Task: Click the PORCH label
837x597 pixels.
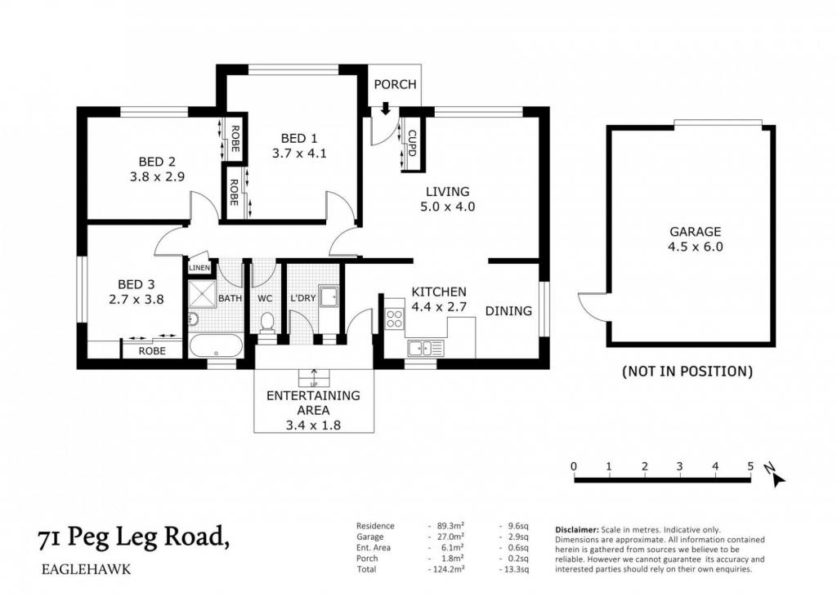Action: tap(395, 84)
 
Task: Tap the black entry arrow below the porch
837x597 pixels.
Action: tap(386, 109)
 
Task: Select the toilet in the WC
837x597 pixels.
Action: tap(266, 323)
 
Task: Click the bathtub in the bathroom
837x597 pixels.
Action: tap(216, 345)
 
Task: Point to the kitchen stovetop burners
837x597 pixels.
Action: tap(395, 319)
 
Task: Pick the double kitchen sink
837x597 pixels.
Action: tap(425, 349)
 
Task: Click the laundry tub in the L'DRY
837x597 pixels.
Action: tap(329, 297)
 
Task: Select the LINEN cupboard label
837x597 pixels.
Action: tap(199, 267)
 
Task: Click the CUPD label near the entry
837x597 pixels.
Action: tap(412, 143)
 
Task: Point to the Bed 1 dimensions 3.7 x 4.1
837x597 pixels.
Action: tap(299, 153)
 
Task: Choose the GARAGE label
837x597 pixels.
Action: tap(695, 232)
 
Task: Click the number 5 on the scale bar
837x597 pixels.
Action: tap(750, 467)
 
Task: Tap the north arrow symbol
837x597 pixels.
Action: tap(776, 476)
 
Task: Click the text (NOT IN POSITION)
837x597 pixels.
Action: tap(687, 372)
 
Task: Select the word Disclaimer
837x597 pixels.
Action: tap(577, 530)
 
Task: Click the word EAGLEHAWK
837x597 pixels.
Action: tap(86, 569)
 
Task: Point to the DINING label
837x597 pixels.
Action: tap(508, 310)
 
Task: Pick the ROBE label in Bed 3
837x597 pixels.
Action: tap(152, 351)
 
